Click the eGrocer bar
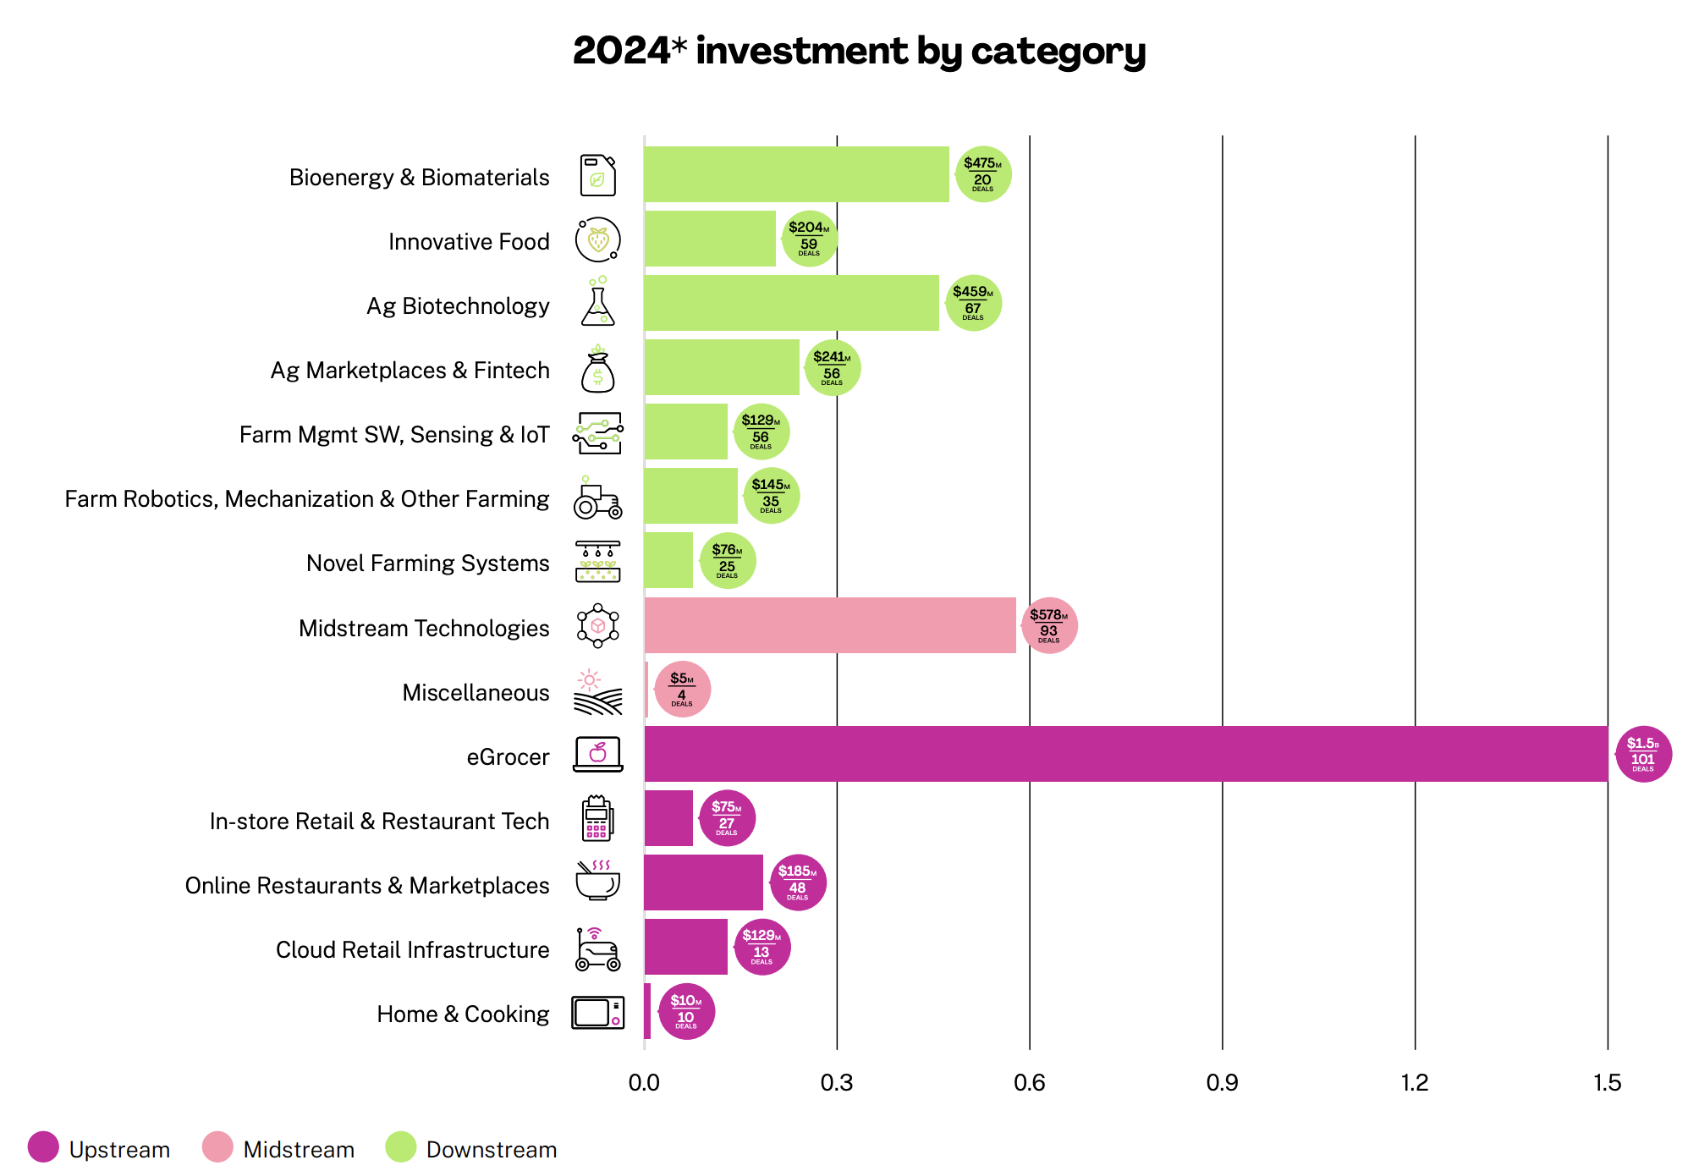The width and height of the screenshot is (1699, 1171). tap(1125, 754)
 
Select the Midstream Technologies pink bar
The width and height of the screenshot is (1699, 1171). tap(829, 625)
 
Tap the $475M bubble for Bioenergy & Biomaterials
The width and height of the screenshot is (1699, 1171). tap(982, 174)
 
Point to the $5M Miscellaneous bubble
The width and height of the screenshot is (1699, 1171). tap(682, 690)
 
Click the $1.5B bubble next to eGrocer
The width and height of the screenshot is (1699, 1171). tap(1642, 754)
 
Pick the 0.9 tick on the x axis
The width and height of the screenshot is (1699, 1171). tap(1222, 1083)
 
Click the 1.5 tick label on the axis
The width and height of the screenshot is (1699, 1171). tap(1607, 1083)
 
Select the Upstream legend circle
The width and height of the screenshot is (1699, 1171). tap(43, 1147)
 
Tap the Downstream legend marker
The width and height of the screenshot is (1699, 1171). tap(400, 1147)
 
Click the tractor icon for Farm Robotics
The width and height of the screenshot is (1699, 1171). tap(597, 498)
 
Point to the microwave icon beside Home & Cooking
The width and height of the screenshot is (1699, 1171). tap(597, 1012)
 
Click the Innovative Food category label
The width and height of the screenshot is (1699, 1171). tap(469, 242)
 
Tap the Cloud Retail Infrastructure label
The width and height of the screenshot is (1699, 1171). tap(412, 950)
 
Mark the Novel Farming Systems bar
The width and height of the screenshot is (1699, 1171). tap(668, 560)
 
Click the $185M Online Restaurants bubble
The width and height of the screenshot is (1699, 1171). tap(797, 882)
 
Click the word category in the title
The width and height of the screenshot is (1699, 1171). tap(1058, 51)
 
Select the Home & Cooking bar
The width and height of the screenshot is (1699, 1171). tap(647, 1011)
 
